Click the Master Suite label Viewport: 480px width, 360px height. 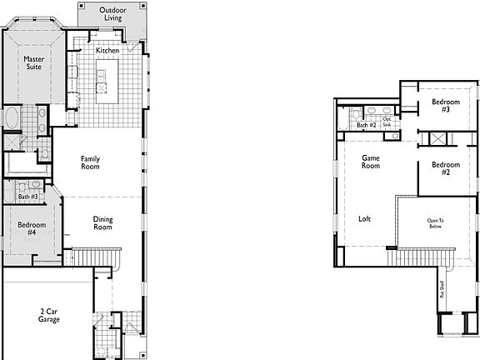pyautogui.click(x=34, y=64)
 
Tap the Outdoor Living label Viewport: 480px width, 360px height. pyautogui.click(x=113, y=14)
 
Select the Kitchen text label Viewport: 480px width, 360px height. pyautogui.click(x=107, y=51)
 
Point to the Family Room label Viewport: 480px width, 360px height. pyautogui.click(x=91, y=162)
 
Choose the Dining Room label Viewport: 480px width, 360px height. pyautogui.click(x=102, y=223)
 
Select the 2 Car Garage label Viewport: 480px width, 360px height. pyautogui.click(x=48, y=315)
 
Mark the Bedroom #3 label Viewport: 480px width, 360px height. pyautogui.click(x=441, y=106)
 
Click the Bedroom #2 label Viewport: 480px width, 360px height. pyautogui.click(x=441, y=169)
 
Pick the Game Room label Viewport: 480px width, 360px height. pyautogui.click(x=371, y=162)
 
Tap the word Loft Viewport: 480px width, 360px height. pyautogui.click(x=365, y=219)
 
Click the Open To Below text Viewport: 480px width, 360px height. pyautogui.click(x=435, y=223)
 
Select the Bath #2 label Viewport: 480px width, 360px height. pyautogui.click(x=367, y=125)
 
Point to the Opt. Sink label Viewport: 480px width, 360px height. pyautogui.click(x=387, y=122)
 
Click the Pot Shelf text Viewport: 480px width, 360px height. pyautogui.click(x=442, y=289)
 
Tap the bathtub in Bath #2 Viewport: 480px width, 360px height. pyautogui.click(x=343, y=116)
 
